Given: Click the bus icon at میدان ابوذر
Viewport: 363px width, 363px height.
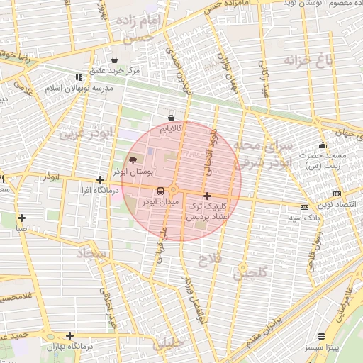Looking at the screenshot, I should pyautogui.click(x=160, y=191).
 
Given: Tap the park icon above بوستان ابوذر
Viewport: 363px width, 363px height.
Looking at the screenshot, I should pyautogui.click(x=134, y=160).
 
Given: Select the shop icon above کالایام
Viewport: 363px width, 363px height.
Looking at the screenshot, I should pyautogui.click(x=170, y=118).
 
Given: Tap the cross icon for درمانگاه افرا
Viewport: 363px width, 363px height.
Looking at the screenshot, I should pyautogui.click(x=100, y=179).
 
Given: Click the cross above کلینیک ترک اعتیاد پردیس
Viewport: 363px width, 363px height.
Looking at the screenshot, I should pyautogui.click(x=207, y=196).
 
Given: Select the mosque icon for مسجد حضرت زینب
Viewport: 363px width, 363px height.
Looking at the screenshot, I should pyautogui.click(x=323, y=146).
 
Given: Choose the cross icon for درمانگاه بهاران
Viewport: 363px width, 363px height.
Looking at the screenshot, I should pyautogui.click(x=69, y=335).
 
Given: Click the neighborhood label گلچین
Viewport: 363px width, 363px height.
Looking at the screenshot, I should pyautogui.click(x=252, y=271).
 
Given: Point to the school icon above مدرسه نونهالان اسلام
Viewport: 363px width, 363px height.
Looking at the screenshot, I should pyautogui.click(x=79, y=78).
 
